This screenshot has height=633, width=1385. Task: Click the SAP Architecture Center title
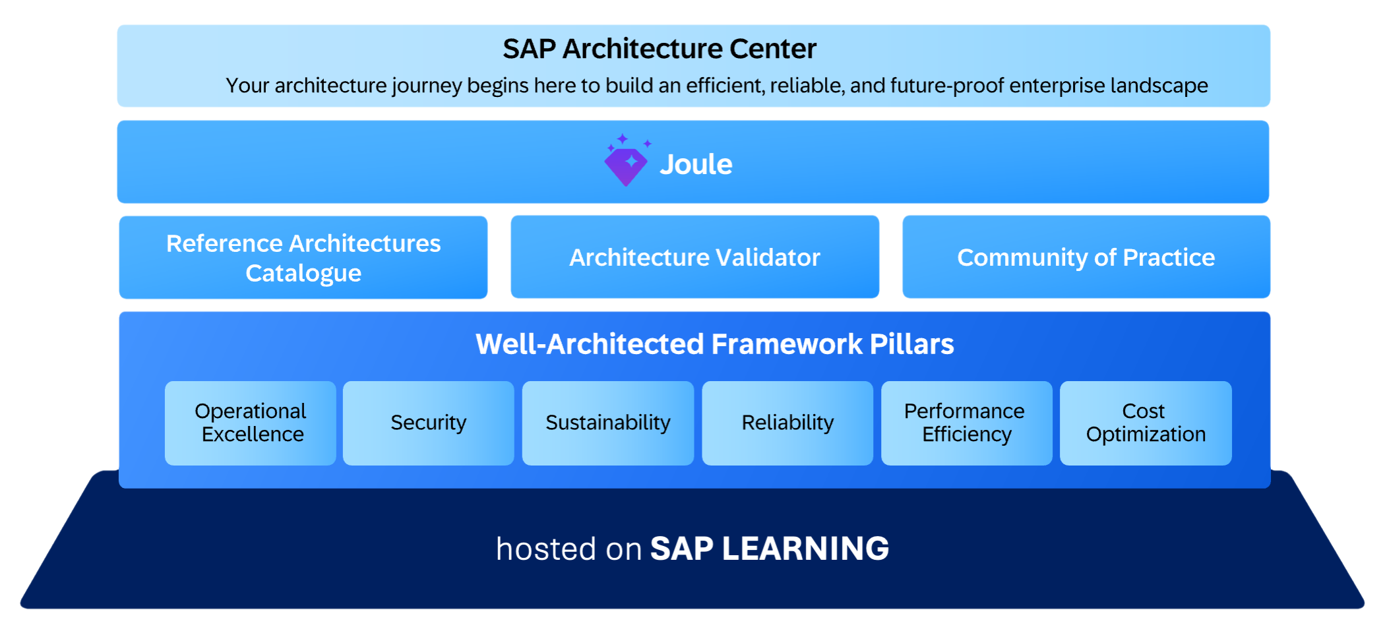point(660,49)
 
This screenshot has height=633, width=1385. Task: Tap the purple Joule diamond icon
point(626,164)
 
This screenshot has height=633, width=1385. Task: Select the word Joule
point(696,164)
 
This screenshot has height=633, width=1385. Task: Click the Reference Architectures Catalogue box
point(303,258)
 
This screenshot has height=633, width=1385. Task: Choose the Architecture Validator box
point(694,257)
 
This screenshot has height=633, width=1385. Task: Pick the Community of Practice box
point(1086,257)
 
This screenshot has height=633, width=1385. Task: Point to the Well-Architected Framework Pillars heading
point(715,344)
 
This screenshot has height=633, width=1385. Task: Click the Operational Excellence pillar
point(251,423)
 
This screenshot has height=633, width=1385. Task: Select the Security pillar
point(429,423)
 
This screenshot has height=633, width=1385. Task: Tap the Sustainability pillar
point(608,423)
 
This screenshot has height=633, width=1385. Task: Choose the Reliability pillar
point(787,423)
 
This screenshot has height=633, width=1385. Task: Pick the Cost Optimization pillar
point(1146,423)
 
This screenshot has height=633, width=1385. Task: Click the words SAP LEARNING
point(770,549)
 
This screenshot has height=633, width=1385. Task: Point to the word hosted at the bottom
point(546,549)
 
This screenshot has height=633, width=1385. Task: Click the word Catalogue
point(303,273)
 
